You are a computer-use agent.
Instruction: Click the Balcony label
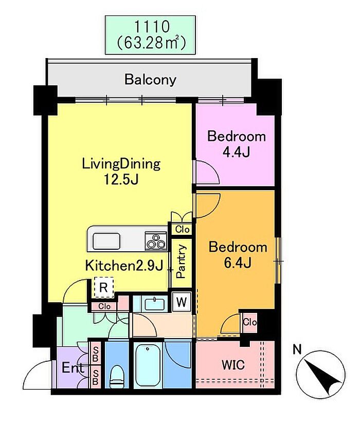click(x=151, y=80)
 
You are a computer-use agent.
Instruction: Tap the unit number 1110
click(x=152, y=27)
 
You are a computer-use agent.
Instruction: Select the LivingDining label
click(x=121, y=164)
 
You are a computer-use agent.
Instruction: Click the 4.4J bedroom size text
click(x=236, y=152)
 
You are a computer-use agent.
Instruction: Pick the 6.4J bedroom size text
click(x=238, y=263)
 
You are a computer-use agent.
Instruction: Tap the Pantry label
click(x=181, y=261)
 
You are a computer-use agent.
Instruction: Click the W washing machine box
click(x=182, y=302)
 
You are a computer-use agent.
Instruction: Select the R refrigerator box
click(x=103, y=287)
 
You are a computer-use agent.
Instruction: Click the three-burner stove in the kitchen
click(x=156, y=241)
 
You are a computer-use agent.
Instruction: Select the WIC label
click(x=233, y=365)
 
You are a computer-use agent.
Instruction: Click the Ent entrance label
click(x=73, y=368)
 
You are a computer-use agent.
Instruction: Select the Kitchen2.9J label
click(x=124, y=265)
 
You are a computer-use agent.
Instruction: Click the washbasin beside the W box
click(x=155, y=304)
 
